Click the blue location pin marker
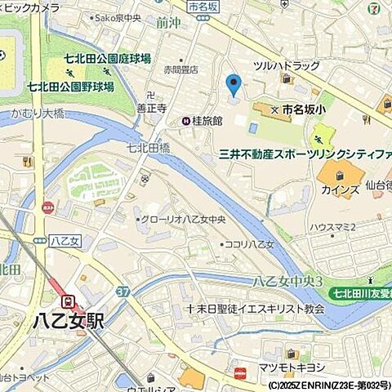coord(233,84)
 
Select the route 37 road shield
coord(123,292)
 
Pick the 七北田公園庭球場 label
coord(109,60)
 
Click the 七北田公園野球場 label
coord(69,85)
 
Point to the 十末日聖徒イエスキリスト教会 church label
coord(256,309)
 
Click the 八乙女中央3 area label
coord(288,281)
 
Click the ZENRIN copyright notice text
coord(329,385)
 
